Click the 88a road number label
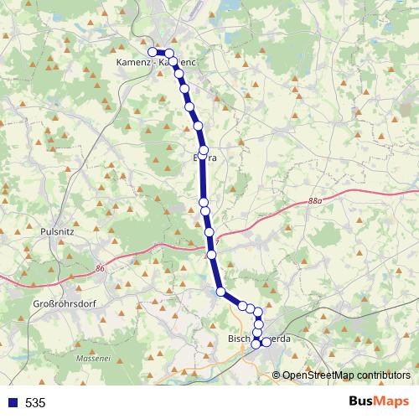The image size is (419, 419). tap(314, 201)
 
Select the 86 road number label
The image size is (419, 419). tap(101, 267)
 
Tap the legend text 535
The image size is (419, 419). tap(35, 402)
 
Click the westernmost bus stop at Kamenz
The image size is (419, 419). tap(153, 52)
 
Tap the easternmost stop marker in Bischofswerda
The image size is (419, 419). tap(266, 342)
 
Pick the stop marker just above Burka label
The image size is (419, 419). tap(204, 149)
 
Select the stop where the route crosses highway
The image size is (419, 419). tap(212, 254)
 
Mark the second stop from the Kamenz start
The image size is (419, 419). tap(168, 54)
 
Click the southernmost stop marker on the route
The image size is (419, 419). tap(256, 344)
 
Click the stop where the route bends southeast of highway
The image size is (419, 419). tap(221, 292)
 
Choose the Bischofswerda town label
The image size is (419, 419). tap(259, 339)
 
